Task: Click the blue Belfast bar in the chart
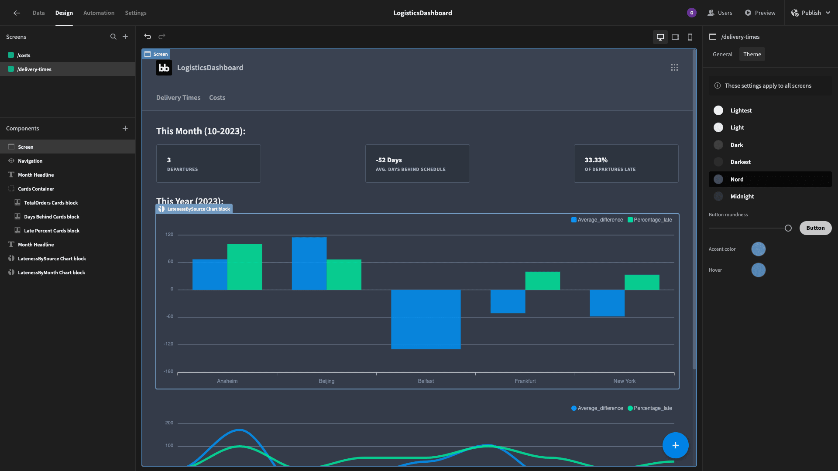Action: tap(426, 319)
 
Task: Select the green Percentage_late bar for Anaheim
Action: tap(244, 267)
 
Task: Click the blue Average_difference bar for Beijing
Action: tap(309, 263)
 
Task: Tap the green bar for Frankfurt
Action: tap(543, 281)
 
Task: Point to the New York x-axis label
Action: tap(624, 381)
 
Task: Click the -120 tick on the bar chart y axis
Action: tap(168, 344)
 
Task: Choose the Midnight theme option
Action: tap(742, 197)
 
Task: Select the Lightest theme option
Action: tap(741, 111)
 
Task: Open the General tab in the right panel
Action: tap(722, 55)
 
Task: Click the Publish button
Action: tap(811, 13)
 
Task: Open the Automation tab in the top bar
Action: tap(99, 13)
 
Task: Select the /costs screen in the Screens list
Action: tap(24, 55)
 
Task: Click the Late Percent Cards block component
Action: tap(52, 231)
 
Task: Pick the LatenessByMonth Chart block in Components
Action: tap(52, 273)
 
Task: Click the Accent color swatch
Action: tap(758, 249)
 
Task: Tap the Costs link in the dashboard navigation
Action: tap(217, 98)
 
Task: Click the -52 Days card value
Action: tap(389, 160)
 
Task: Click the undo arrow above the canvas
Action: tap(148, 37)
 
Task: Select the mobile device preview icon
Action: tap(690, 37)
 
